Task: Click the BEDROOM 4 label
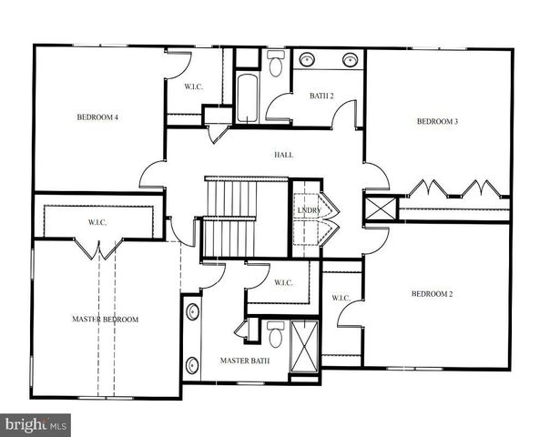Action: (x=97, y=117)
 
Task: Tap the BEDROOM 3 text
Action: (x=437, y=122)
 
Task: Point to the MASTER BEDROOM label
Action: (x=105, y=320)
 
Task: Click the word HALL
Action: (x=283, y=155)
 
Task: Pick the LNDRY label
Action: (x=309, y=212)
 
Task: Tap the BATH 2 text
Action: (x=321, y=96)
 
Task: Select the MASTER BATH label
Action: (x=241, y=361)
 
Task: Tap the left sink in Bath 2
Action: (x=306, y=60)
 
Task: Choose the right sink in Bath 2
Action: (x=349, y=60)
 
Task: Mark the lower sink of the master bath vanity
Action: (x=192, y=366)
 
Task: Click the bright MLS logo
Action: (x=36, y=424)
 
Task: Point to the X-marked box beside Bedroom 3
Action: (x=382, y=208)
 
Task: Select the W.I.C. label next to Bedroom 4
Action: (x=192, y=87)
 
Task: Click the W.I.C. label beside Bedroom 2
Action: (x=341, y=298)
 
